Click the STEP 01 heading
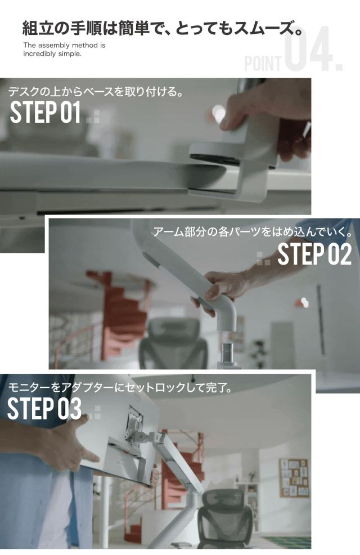click(x=45, y=112)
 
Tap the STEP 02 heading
click(x=314, y=254)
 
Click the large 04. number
click(x=313, y=49)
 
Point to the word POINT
click(x=263, y=64)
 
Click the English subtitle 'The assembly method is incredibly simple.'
click(x=64, y=50)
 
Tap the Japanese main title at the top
click(x=163, y=28)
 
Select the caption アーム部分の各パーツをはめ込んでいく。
click(x=253, y=232)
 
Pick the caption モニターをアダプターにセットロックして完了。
click(x=120, y=388)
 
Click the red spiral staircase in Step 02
click(x=119, y=311)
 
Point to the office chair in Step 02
click(x=173, y=343)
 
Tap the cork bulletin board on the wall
click(x=294, y=478)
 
